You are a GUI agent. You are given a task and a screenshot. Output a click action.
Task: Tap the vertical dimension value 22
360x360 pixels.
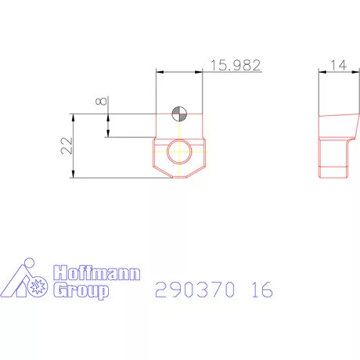click(x=65, y=145)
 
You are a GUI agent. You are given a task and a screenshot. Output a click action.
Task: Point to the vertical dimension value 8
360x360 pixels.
click(x=99, y=103)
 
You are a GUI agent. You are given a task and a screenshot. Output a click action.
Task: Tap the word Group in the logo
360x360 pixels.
click(x=81, y=291)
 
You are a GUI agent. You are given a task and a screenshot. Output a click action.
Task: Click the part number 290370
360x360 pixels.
click(x=196, y=290)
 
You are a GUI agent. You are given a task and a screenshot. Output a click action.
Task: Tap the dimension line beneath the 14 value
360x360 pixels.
click(x=337, y=71)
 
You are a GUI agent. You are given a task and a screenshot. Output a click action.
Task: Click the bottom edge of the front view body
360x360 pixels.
click(x=180, y=178)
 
